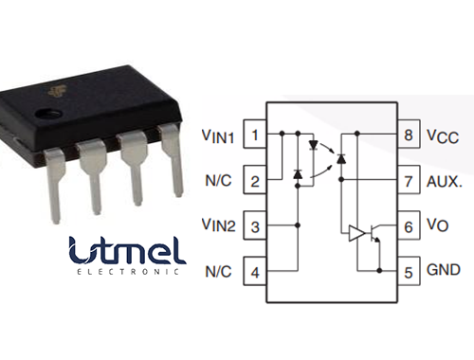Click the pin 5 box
409,272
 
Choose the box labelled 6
409,226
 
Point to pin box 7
409,180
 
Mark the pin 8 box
409,135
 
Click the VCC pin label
443,136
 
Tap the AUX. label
447,181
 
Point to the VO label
439,226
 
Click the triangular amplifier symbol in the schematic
357,232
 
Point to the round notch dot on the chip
41,115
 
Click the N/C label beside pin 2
220,181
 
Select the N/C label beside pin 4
220,272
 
